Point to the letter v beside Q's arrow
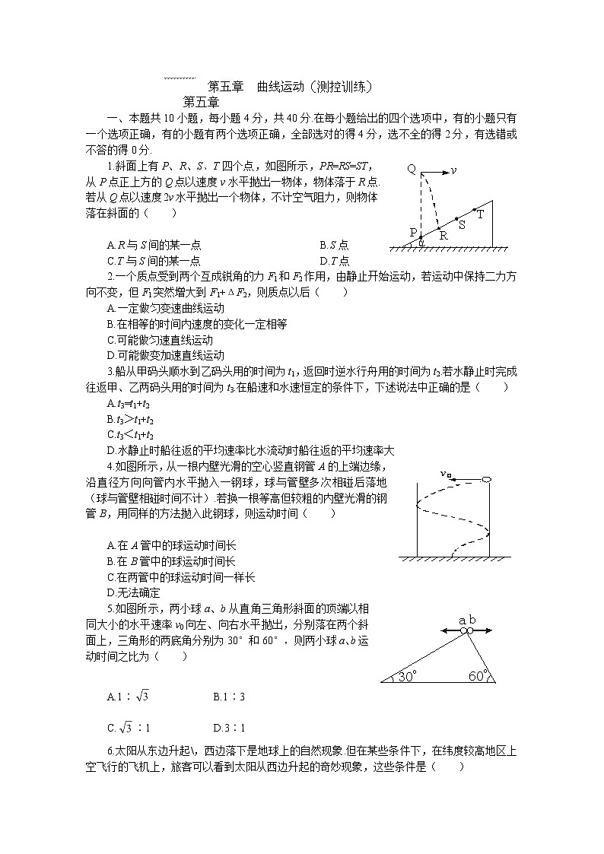(453, 170)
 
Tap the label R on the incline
(443, 235)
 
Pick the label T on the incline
(480, 214)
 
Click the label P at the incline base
(414, 232)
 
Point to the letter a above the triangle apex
(461, 621)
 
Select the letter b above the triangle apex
(472, 621)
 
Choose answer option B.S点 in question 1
(334, 245)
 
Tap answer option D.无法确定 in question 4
(134, 592)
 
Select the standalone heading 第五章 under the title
(201, 101)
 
